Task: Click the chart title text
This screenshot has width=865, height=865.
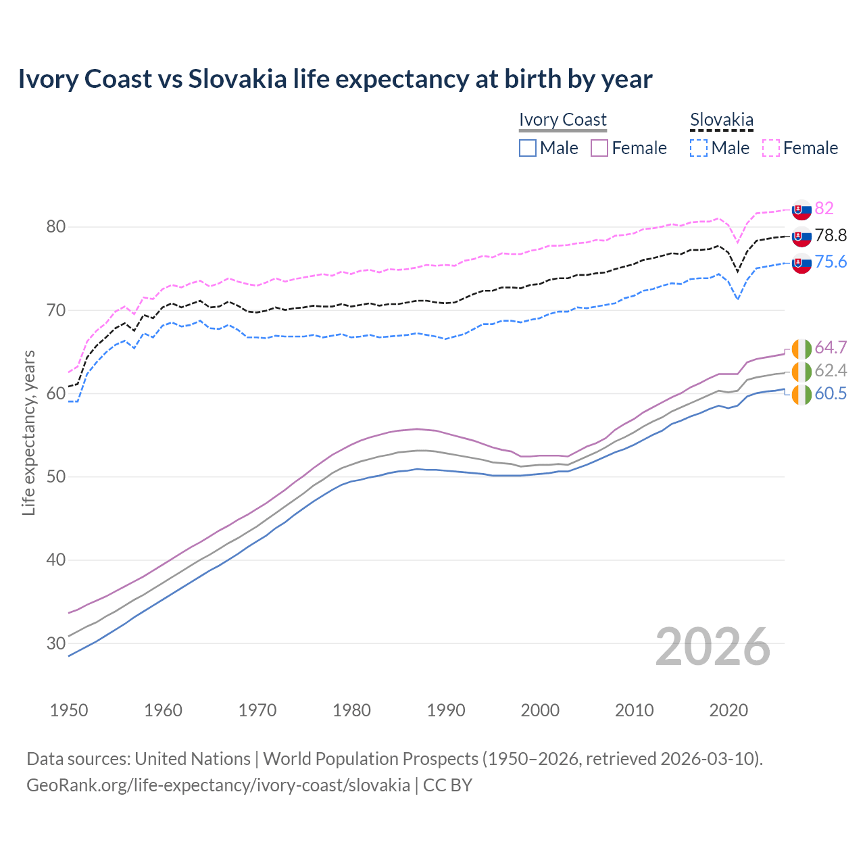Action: coord(335,79)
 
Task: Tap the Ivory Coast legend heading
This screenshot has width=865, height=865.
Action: coord(562,120)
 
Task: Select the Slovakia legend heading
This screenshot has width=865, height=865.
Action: coord(721,120)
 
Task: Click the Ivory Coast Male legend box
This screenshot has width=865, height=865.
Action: coord(528,148)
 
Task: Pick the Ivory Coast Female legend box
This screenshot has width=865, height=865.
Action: coord(599,148)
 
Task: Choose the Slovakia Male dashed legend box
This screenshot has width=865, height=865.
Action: coord(699,148)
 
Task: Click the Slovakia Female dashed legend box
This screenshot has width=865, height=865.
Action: coord(771,148)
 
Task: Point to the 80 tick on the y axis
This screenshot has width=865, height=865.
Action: coord(56,226)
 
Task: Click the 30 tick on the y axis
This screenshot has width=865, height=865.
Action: coord(56,643)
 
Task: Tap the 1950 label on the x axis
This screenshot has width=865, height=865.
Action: coord(69,710)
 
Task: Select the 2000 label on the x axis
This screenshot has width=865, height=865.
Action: coord(540,710)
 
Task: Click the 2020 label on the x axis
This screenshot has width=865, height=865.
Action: coord(728,710)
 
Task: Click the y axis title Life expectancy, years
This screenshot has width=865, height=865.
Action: coord(28,432)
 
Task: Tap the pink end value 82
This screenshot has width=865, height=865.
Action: coord(824,208)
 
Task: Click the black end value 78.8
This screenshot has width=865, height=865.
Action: coord(831,235)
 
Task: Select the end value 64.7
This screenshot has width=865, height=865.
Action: coord(831,347)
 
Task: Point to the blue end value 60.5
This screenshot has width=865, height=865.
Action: coord(831,393)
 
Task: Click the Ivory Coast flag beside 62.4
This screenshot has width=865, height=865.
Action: coord(801,371)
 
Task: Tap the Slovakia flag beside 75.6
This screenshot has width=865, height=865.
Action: coord(801,264)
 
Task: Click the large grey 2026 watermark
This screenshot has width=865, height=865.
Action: coord(712,647)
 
